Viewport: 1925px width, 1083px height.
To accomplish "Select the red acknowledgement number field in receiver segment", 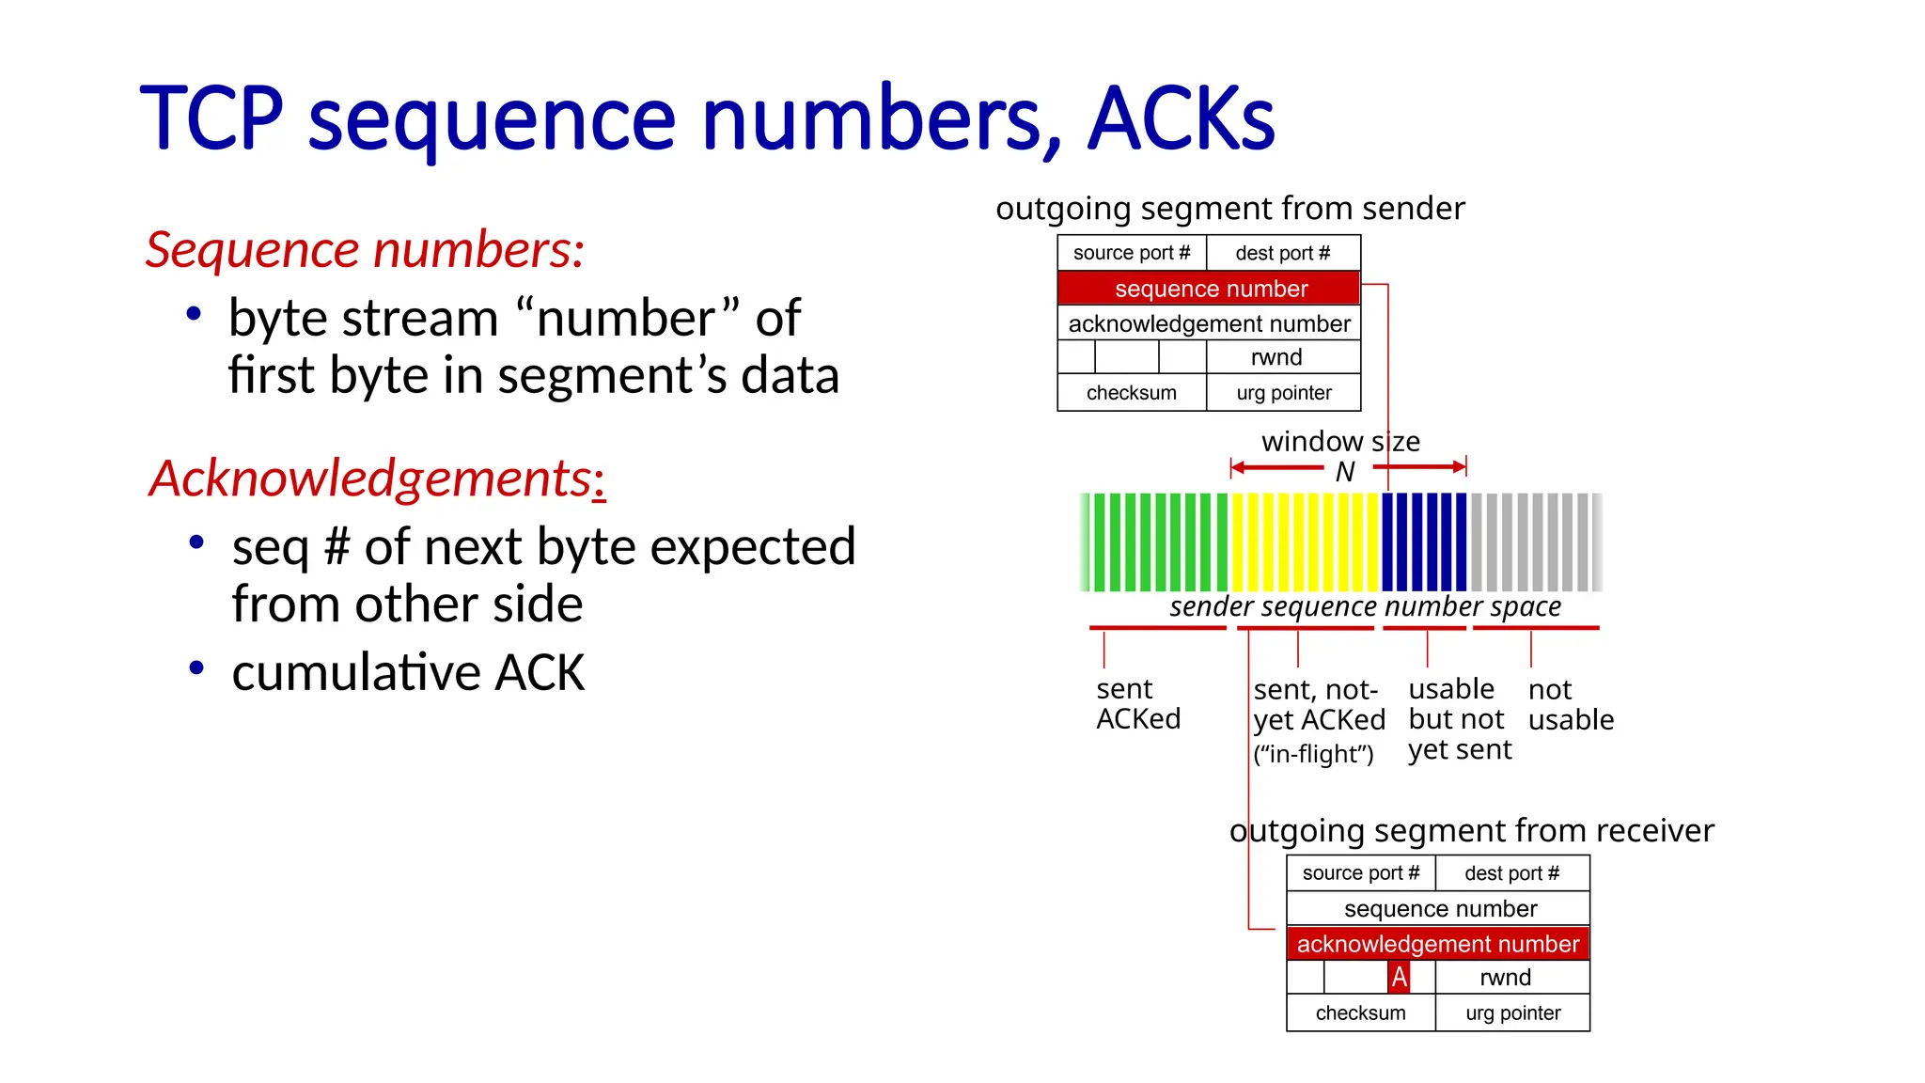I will click(x=1437, y=944).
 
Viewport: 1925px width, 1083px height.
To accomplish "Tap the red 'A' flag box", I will click(x=1399, y=978).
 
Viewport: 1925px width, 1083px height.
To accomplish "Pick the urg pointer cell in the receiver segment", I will click(x=1512, y=1013).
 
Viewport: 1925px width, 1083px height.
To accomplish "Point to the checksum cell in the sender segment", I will click(x=1131, y=393).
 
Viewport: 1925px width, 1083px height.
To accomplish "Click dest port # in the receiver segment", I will click(x=1511, y=873).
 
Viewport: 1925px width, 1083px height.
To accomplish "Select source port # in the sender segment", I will click(x=1132, y=253).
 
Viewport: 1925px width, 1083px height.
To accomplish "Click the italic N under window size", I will click(x=1345, y=472).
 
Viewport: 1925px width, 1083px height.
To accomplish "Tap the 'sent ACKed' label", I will click(x=1137, y=704).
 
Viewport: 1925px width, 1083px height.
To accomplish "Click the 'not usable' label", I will click(x=1570, y=705).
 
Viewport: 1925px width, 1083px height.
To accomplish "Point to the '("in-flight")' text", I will click(x=1313, y=755).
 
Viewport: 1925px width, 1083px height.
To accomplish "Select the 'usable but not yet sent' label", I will click(x=1459, y=719).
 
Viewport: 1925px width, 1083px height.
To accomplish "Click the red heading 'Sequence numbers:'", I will click(x=365, y=250).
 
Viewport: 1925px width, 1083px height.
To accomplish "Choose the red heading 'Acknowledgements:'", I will click(x=377, y=479).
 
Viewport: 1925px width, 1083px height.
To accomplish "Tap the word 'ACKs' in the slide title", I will click(x=1181, y=119).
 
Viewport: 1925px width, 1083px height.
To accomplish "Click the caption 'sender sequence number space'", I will click(x=1365, y=607).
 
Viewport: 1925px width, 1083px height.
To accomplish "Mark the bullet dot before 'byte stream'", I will click(x=194, y=314).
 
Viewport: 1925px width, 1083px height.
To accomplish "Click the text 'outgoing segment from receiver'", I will click(x=1471, y=831).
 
